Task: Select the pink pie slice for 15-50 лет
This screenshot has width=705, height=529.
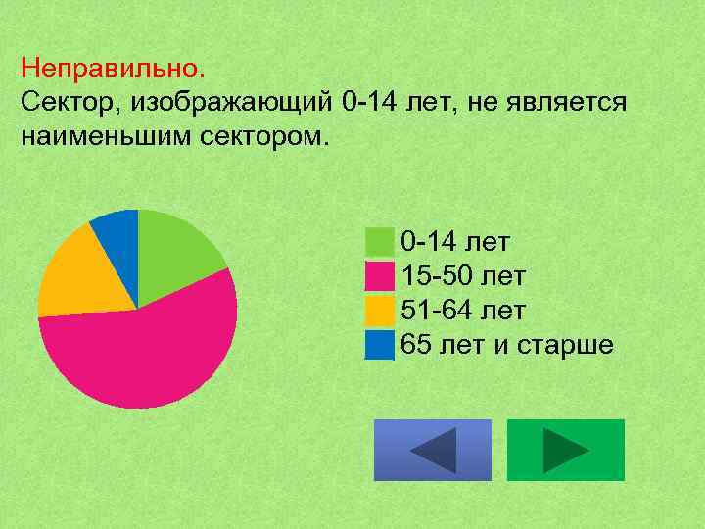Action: pyautogui.click(x=147, y=353)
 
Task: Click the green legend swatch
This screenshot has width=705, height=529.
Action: pyautogui.click(x=379, y=241)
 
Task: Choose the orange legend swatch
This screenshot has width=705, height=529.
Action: pyautogui.click(x=379, y=311)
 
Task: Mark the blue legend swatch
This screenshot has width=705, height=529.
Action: pyautogui.click(x=379, y=345)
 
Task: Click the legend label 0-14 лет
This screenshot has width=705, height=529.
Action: pyautogui.click(x=455, y=242)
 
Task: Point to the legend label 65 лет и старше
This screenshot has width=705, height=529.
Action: pyautogui.click(x=507, y=345)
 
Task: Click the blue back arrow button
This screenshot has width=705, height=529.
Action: pyautogui.click(x=432, y=450)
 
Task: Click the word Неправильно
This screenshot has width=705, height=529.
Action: pyautogui.click(x=114, y=70)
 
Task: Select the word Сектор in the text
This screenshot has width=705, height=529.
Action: pyautogui.click(x=69, y=102)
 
